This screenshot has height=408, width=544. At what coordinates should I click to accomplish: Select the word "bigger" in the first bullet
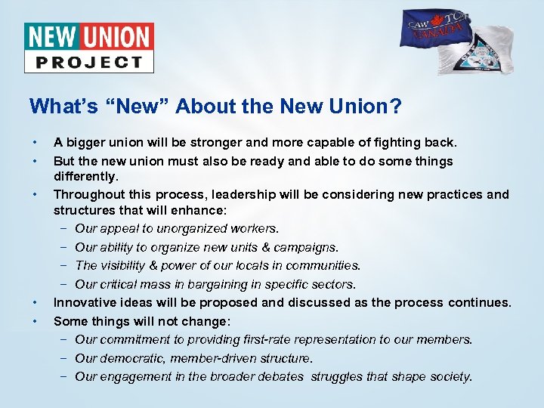(86, 142)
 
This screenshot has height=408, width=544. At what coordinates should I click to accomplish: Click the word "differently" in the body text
(85, 176)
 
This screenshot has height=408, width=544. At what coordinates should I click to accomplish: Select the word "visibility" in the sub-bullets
(128, 265)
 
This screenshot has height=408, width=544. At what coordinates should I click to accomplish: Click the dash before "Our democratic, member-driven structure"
(63, 358)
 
